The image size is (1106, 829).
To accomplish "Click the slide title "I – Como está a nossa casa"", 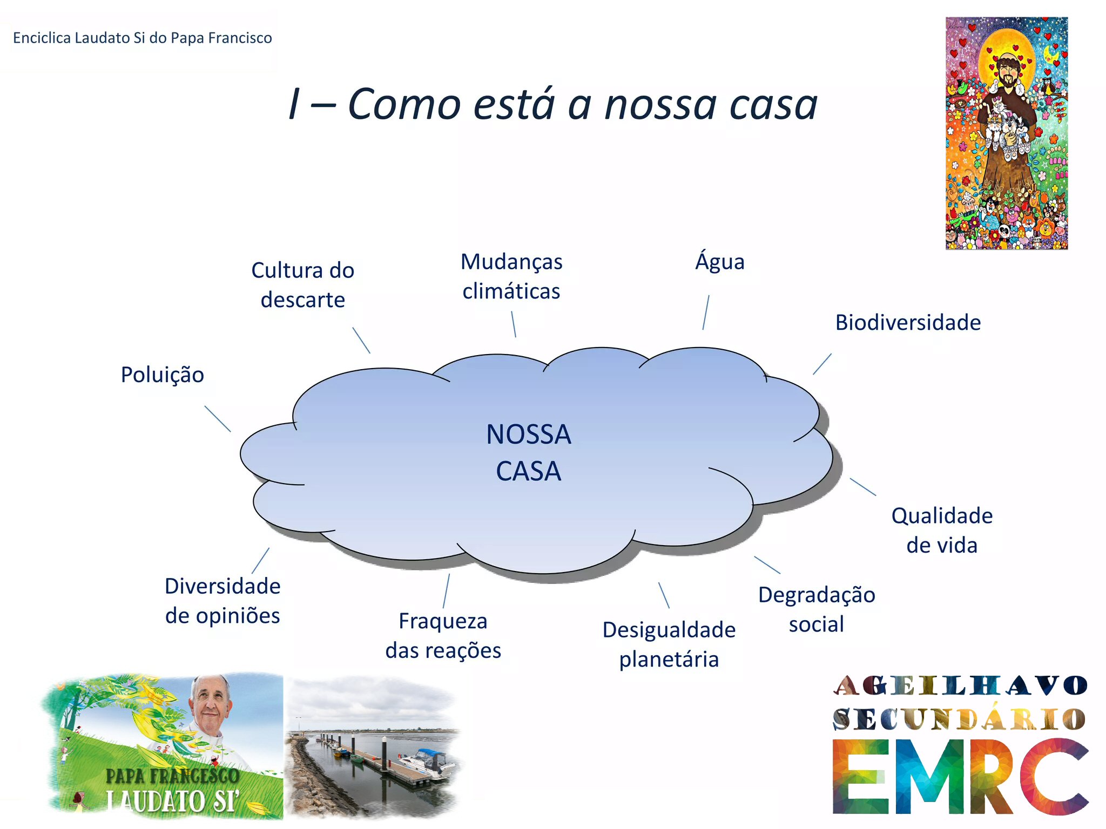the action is pos(553,104).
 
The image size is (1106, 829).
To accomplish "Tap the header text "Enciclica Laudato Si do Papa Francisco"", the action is pos(143,38).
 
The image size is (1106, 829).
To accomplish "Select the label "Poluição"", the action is pos(163,375).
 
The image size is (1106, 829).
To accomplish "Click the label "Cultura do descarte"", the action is pos(303,284).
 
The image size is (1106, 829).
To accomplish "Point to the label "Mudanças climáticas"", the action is pos(511,276).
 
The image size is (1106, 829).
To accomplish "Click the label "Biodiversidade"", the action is pos(908,322).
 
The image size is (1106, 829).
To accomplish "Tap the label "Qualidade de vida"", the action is pos(942,530).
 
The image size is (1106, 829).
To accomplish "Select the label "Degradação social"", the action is pos(817,609).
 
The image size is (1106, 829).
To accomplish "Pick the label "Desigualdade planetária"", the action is pos(669,644).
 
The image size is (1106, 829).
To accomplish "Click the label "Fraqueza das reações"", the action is pos(443,635).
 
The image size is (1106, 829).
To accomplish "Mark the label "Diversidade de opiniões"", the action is pos(222,600).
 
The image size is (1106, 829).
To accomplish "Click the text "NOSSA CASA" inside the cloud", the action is pos(529,452).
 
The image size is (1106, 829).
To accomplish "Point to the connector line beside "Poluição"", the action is pos(218,419).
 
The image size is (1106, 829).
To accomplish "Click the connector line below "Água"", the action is pos(706,312).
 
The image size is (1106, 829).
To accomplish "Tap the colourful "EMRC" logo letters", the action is pos(961,777).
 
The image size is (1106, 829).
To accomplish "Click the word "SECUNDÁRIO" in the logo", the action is pos(959,719).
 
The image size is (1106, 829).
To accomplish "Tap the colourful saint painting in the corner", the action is pos(1007,133).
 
